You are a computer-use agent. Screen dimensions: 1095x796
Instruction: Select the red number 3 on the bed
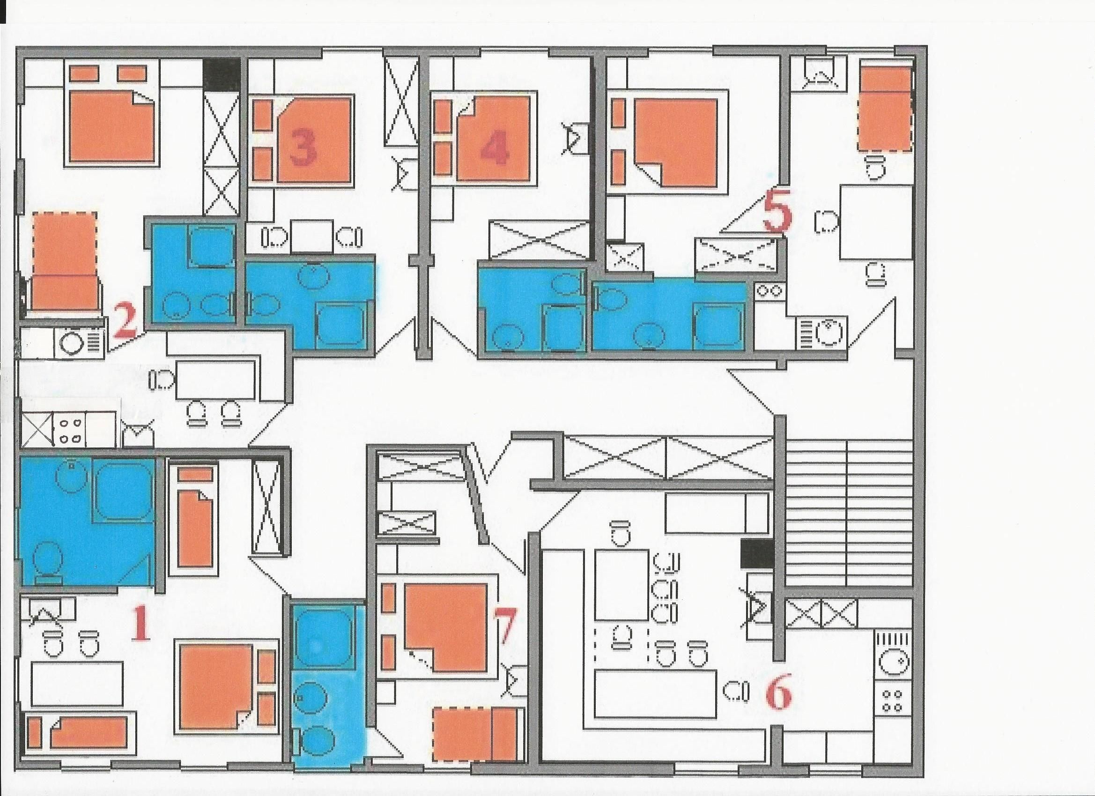(303, 147)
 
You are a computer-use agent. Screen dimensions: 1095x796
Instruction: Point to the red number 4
(495, 147)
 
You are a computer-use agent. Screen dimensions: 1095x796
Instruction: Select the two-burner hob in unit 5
(770, 292)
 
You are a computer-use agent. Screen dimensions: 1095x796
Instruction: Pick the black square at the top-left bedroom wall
(221, 73)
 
